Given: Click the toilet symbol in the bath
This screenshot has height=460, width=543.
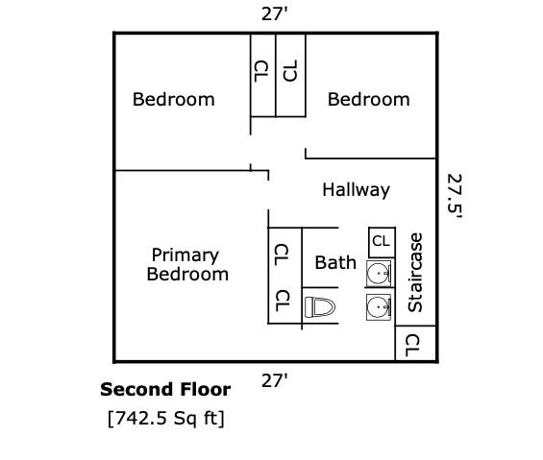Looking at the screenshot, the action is click(x=320, y=307).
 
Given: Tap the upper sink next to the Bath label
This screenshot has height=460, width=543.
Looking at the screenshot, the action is click(x=379, y=273).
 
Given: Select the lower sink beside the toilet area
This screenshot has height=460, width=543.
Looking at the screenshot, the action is click(x=379, y=307).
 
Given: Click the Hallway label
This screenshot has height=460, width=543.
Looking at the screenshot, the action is click(x=356, y=190).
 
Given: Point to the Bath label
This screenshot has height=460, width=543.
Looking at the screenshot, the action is click(x=335, y=262).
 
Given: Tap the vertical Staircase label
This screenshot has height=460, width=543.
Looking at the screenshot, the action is click(x=415, y=273).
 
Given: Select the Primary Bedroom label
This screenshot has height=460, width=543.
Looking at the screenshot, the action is click(x=187, y=265).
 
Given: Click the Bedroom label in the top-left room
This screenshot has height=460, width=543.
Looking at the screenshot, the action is click(x=174, y=99).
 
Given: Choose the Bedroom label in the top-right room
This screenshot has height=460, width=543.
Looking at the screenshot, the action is click(x=368, y=99).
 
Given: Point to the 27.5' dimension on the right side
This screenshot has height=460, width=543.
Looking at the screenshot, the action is click(x=455, y=196).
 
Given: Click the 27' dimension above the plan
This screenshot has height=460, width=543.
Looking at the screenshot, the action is click(x=275, y=14).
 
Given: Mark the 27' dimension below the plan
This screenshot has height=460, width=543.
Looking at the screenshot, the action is click(x=275, y=380).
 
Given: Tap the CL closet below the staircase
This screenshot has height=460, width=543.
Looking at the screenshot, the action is click(x=415, y=344).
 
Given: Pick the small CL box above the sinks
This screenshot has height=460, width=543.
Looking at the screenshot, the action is click(x=382, y=242).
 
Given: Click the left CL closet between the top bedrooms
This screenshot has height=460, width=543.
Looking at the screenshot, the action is click(x=262, y=75).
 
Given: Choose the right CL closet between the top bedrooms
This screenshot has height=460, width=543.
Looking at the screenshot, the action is click(x=290, y=75).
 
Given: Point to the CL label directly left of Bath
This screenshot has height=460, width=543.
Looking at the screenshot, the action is click(x=282, y=254).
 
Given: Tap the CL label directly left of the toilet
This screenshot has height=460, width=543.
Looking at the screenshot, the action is click(x=282, y=301).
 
